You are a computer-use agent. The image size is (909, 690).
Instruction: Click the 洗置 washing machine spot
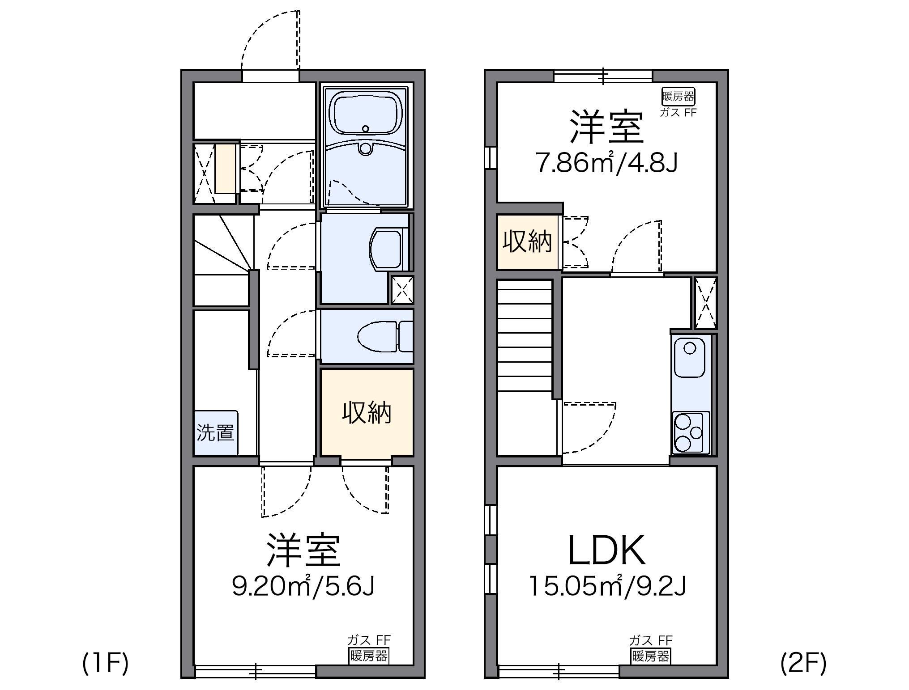(x=216, y=432)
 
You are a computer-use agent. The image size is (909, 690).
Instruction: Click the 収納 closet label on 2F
(x=527, y=242)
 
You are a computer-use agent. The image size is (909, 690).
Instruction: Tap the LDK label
(x=606, y=550)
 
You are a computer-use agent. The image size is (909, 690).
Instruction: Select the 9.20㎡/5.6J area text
(x=303, y=586)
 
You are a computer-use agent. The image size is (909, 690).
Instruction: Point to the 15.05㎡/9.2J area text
(x=607, y=586)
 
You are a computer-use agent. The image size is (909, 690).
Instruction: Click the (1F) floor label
(x=106, y=663)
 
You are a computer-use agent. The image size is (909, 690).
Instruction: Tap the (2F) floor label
(x=803, y=663)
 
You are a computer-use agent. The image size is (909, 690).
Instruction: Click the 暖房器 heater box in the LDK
(x=650, y=656)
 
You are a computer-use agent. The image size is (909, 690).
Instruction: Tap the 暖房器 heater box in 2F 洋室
(x=678, y=96)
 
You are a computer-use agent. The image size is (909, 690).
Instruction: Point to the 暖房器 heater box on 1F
(x=369, y=656)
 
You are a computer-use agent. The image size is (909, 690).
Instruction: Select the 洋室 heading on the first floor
(x=303, y=550)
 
